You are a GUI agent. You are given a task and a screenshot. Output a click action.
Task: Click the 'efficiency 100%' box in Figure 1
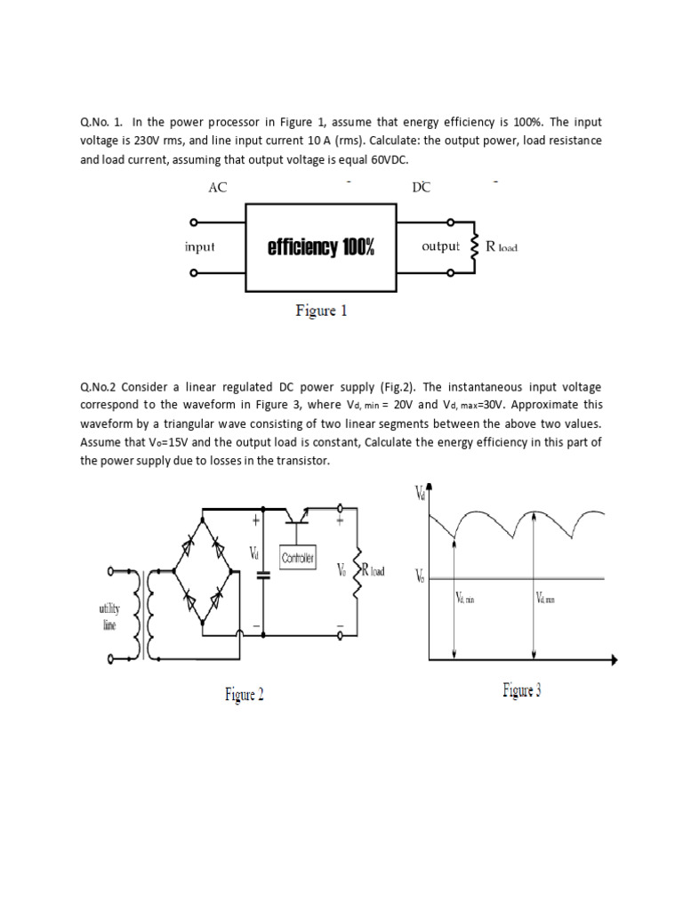click(320, 246)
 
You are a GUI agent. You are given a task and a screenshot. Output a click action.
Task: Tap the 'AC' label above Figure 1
click(217, 188)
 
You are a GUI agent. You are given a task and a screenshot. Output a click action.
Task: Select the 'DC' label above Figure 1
click(420, 188)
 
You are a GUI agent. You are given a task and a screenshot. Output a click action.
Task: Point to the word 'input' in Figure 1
click(200, 246)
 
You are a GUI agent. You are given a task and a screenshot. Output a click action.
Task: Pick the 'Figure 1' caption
click(321, 311)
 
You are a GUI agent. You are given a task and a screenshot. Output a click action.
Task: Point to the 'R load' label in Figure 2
click(372, 570)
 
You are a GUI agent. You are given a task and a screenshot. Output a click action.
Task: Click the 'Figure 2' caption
click(244, 695)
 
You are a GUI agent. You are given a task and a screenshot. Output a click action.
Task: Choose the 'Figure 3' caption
click(521, 689)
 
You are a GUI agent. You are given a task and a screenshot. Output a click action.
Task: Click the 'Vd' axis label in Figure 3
click(420, 492)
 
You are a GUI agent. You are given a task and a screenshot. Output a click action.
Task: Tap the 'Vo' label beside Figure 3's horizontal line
click(420, 577)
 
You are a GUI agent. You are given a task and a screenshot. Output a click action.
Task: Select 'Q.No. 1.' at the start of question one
click(101, 122)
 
